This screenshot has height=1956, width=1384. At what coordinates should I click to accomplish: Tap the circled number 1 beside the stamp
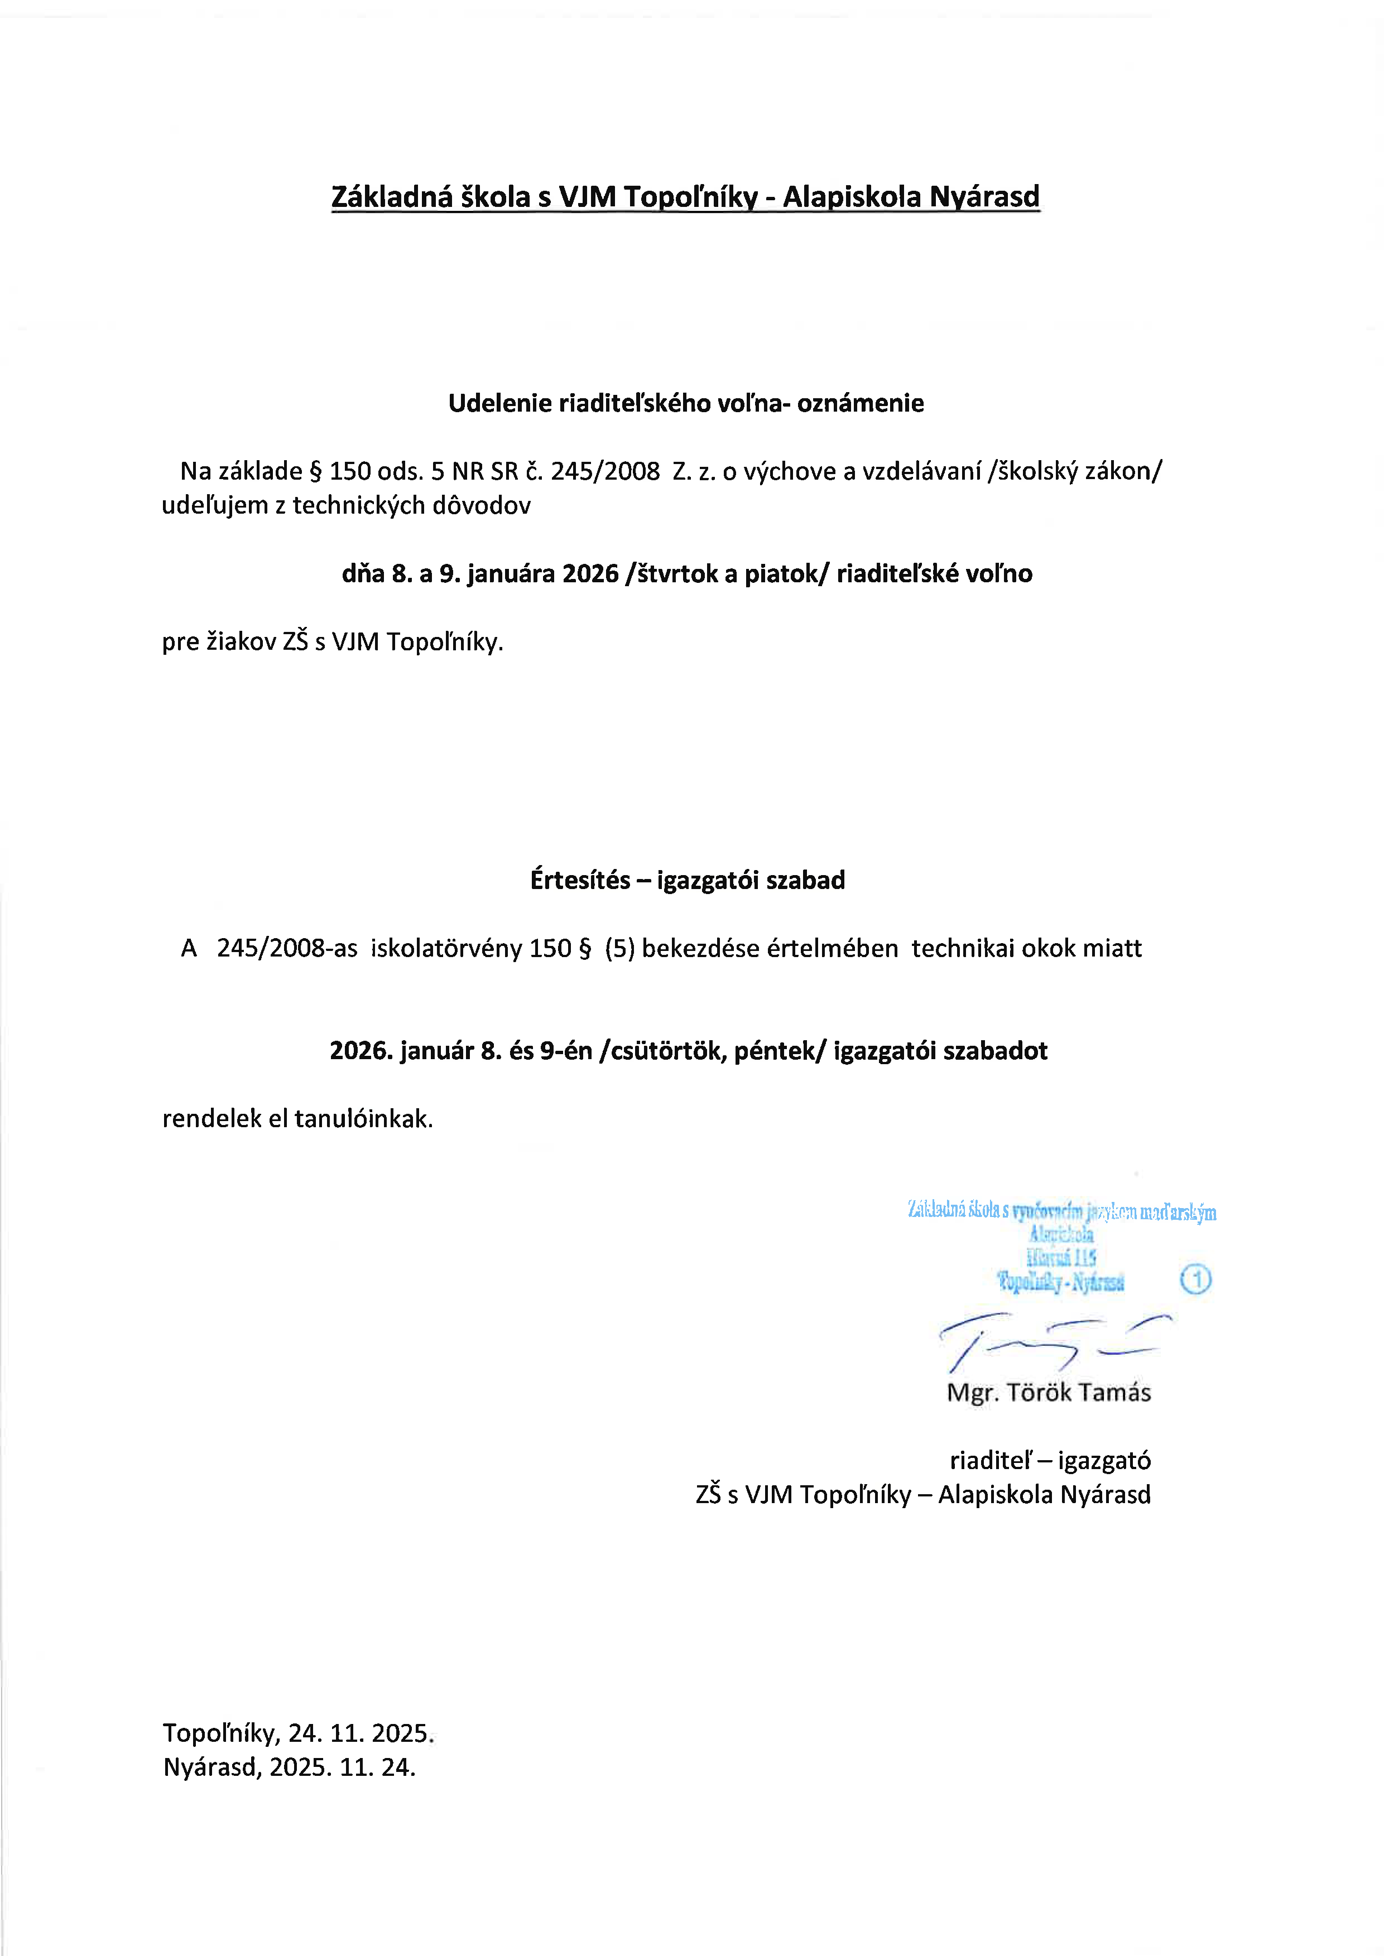pyautogui.click(x=1196, y=1279)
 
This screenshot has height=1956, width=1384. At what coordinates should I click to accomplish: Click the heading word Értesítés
pyautogui.click(x=579, y=880)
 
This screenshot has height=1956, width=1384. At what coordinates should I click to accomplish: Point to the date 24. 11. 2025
pyautogui.click(x=361, y=1733)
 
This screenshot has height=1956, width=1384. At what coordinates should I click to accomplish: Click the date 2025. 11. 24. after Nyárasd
pyautogui.click(x=343, y=1767)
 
